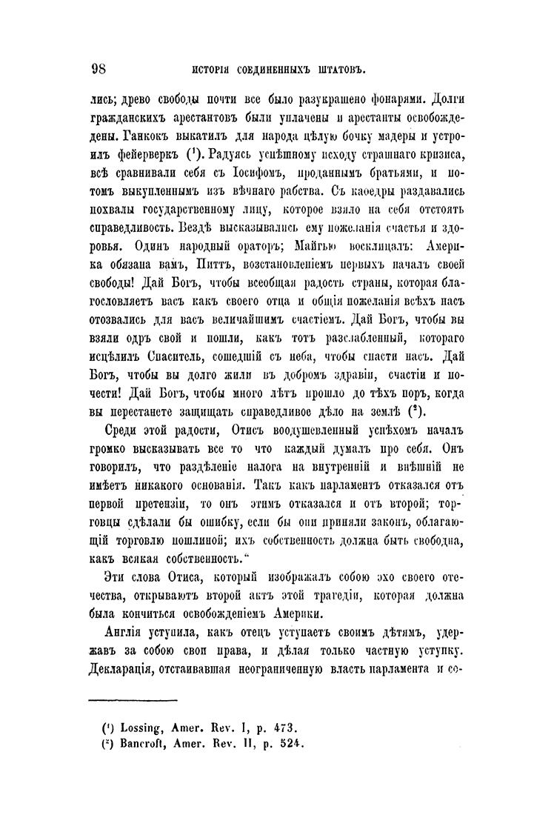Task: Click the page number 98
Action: point(99,70)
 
